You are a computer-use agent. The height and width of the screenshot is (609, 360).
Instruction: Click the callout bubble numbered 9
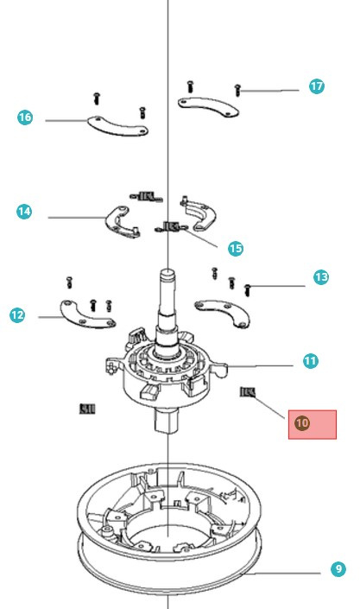tap(338, 569)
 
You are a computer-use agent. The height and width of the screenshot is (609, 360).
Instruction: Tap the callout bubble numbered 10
tap(301, 423)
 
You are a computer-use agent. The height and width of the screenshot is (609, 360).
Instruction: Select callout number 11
tap(310, 361)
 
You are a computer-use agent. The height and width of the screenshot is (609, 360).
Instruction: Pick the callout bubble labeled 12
tap(17, 315)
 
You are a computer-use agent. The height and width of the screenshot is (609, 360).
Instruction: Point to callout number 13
tap(320, 277)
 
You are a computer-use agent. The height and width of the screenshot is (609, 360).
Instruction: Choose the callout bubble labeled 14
tap(24, 211)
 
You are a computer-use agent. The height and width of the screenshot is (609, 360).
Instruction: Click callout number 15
tap(235, 248)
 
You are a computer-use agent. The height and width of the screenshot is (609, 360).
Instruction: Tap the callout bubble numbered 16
tap(24, 117)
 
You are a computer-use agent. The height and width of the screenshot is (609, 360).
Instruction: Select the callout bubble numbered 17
tap(317, 86)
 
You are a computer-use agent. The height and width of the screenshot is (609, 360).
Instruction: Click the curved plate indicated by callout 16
tap(118, 126)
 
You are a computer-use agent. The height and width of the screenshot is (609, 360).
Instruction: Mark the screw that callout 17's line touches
tap(237, 89)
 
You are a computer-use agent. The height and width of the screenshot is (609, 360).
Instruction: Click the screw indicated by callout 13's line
tap(249, 287)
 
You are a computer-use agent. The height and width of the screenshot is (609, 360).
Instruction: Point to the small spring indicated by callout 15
tap(169, 228)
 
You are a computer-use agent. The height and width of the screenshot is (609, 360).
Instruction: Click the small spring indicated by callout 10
tap(248, 392)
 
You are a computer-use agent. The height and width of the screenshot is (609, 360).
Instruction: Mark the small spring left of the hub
tap(87, 408)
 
